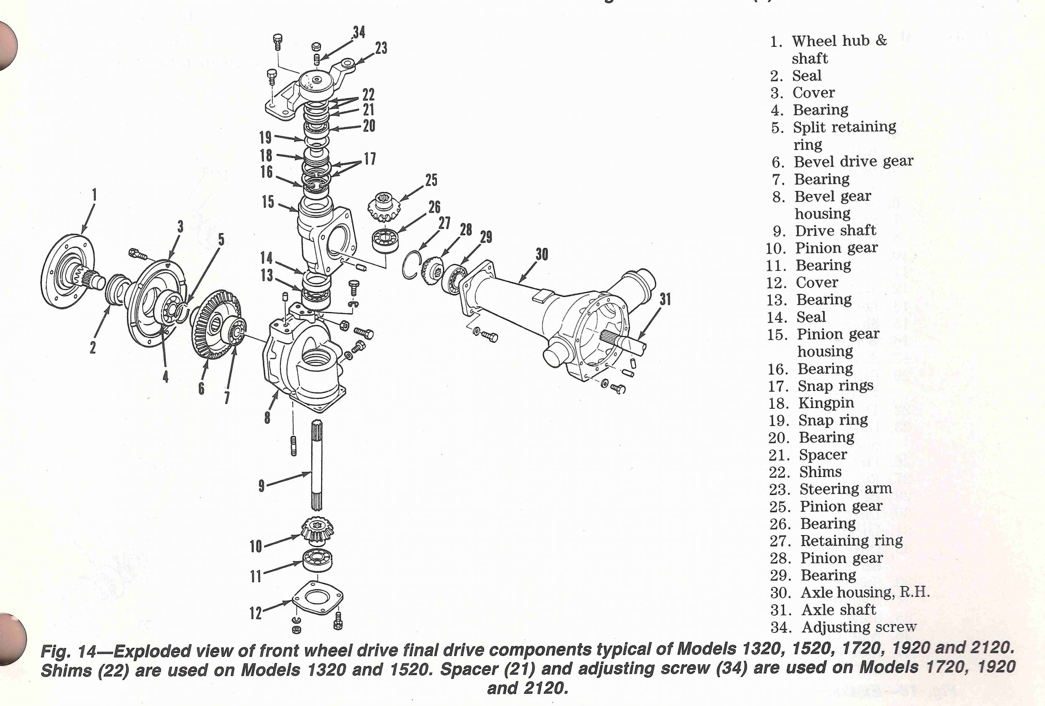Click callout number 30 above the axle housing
(x=542, y=255)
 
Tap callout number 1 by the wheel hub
(x=94, y=195)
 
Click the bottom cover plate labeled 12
(x=317, y=598)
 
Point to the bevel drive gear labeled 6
(x=216, y=324)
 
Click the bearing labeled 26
(x=386, y=241)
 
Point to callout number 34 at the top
(x=359, y=32)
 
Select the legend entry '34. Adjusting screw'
(x=843, y=627)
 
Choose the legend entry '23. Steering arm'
(x=830, y=489)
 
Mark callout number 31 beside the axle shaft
(x=665, y=299)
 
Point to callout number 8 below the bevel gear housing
(x=267, y=418)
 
